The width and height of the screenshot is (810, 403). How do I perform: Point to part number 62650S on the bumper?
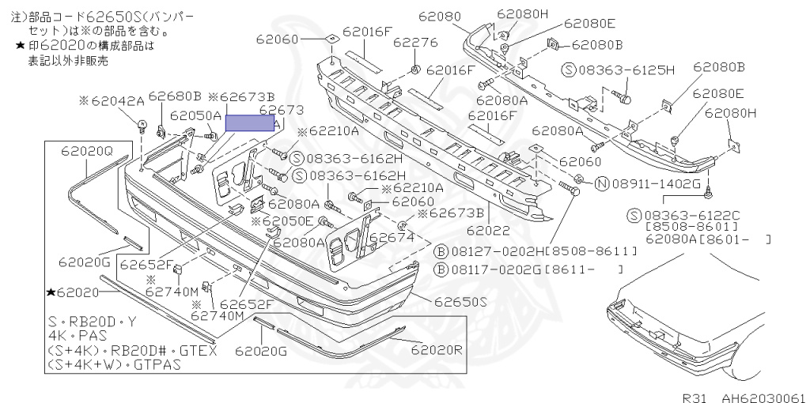[x=461, y=302]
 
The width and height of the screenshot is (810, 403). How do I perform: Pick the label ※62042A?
[x=112, y=100]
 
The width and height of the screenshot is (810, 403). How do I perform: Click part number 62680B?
[x=175, y=96]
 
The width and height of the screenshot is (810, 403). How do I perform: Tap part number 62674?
[x=392, y=236]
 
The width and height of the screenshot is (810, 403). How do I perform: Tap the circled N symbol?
[x=600, y=185]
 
